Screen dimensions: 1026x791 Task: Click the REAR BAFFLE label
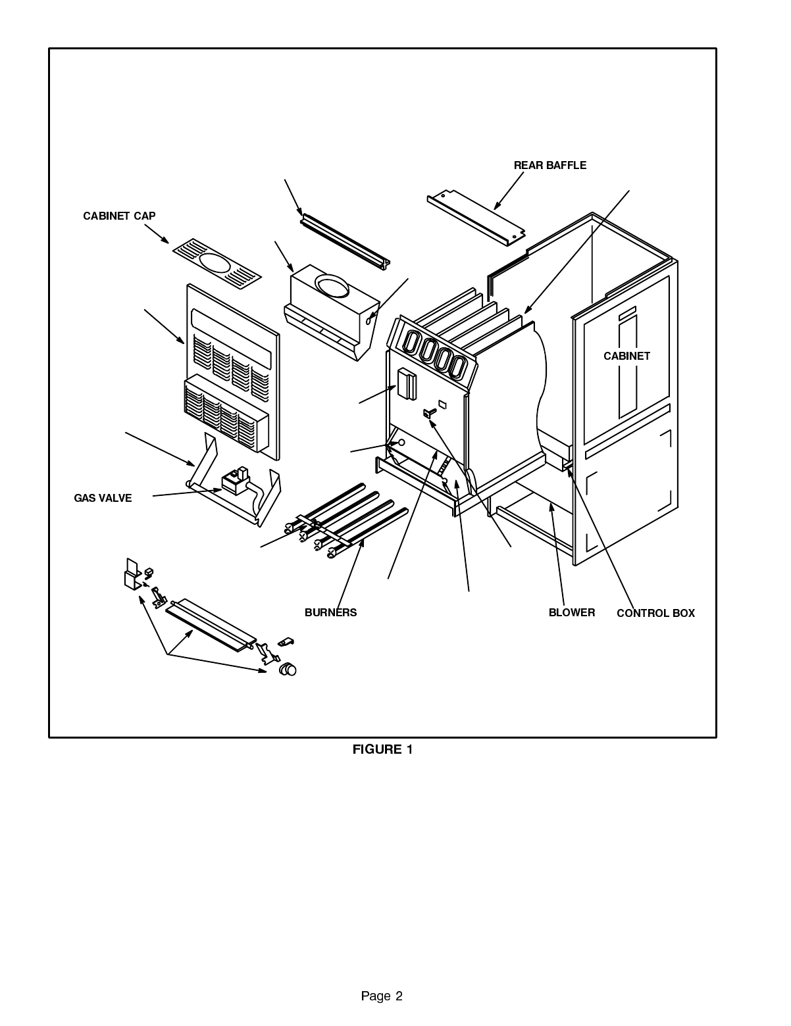(x=549, y=166)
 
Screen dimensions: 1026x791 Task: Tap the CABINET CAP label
(x=119, y=216)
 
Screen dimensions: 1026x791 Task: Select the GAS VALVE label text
(x=103, y=499)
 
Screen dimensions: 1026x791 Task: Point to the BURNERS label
(x=330, y=612)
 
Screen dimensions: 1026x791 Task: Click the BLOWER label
(x=571, y=612)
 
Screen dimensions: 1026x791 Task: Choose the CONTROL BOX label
(x=655, y=613)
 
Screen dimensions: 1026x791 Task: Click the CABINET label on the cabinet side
(x=626, y=356)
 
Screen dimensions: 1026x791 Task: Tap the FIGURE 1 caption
(x=382, y=749)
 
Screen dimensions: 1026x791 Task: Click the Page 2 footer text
(x=382, y=996)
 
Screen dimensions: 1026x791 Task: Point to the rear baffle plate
(x=476, y=218)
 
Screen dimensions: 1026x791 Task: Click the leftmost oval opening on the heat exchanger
(x=411, y=343)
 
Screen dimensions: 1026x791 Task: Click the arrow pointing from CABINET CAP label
(x=157, y=233)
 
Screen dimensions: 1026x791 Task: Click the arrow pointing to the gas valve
(x=188, y=493)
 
